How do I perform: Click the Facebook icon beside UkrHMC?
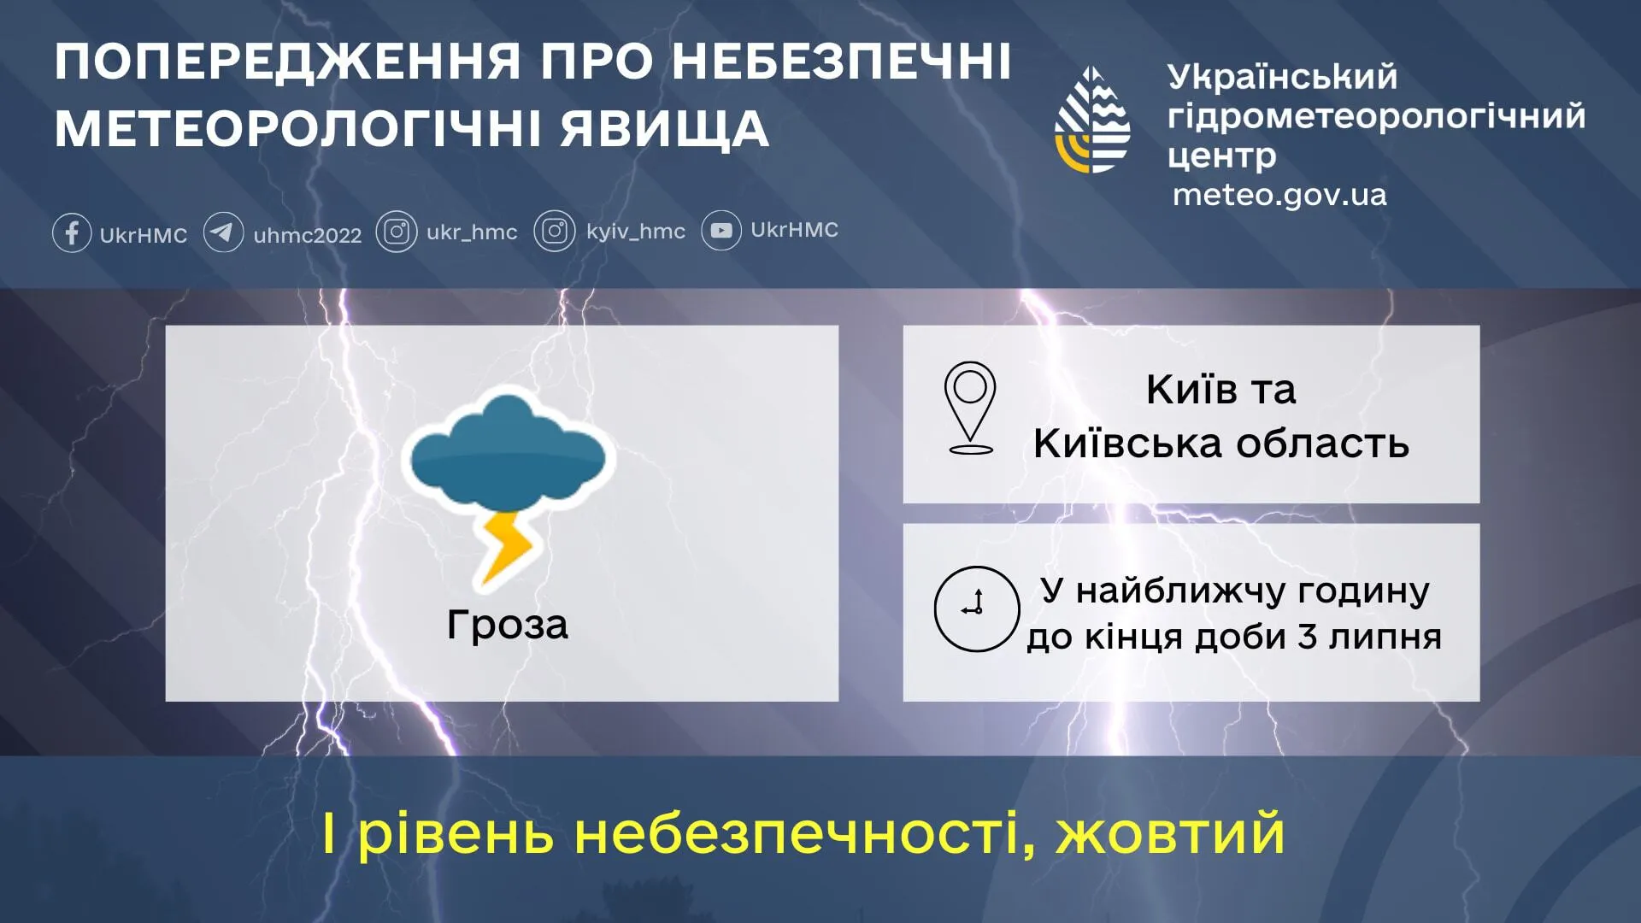(72, 232)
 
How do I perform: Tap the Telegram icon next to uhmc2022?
(223, 232)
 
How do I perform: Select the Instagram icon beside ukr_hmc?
(397, 232)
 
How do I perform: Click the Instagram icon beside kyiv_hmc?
(555, 232)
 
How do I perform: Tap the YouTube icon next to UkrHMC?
(721, 231)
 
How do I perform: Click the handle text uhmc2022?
(308, 235)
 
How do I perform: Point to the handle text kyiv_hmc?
(636, 232)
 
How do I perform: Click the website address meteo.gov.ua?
(1279, 195)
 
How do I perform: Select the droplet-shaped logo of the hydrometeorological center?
(1092, 120)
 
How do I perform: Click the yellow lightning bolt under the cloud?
(507, 547)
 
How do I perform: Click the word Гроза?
(507, 625)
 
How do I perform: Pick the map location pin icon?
(970, 406)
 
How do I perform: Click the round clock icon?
(976, 608)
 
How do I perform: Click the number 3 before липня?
(1307, 637)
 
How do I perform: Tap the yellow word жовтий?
(1170, 833)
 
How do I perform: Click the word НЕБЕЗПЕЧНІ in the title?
(841, 62)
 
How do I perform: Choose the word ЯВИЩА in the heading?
(665, 130)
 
